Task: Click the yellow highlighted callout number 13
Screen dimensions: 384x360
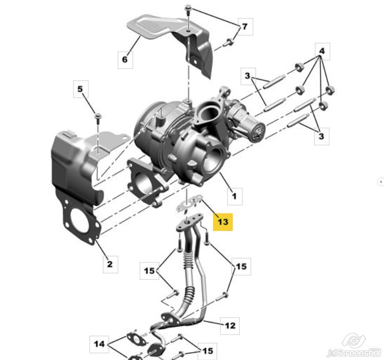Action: tap(223, 222)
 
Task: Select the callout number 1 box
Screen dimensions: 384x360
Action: tap(235, 196)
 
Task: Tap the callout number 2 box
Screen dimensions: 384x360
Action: tap(110, 264)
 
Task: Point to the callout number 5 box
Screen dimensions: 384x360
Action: tap(81, 89)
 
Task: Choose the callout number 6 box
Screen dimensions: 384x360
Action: tap(125, 59)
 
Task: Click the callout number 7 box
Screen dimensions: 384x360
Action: tap(245, 27)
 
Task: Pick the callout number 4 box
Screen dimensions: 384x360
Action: tap(322, 51)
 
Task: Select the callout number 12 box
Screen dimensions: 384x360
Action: tap(230, 326)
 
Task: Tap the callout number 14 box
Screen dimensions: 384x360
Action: tap(99, 344)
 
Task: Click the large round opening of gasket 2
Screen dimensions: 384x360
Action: tap(79, 219)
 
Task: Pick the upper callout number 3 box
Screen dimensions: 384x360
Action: tap(248, 76)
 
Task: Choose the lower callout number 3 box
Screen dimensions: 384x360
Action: tap(322, 136)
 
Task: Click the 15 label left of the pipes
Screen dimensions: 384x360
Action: tap(149, 271)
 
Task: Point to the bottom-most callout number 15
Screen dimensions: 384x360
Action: tap(207, 351)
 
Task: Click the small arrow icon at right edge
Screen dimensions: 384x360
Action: tap(381, 182)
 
